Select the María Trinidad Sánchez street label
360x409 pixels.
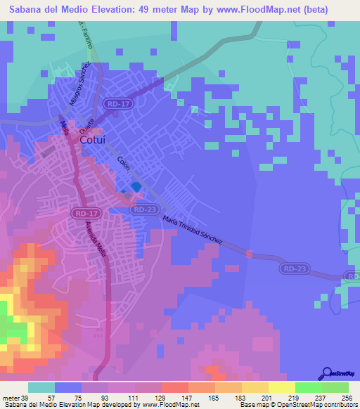click(x=192, y=229)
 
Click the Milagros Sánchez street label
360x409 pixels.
click(x=79, y=82)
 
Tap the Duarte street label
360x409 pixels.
click(x=85, y=126)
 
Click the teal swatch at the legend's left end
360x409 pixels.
click(x=41, y=387)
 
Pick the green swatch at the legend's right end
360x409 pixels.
click(x=335, y=387)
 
